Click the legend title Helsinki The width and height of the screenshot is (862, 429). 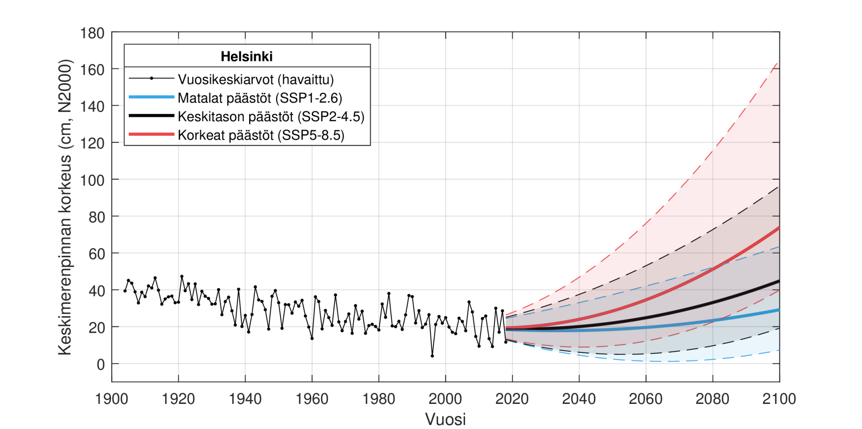(x=246, y=56)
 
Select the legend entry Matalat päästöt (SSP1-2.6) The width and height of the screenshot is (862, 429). (x=259, y=98)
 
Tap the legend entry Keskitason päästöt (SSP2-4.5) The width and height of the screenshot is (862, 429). (x=271, y=117)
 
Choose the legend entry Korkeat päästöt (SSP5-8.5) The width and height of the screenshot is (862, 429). (x=261, y=135)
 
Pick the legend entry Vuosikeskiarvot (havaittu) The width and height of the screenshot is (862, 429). (x=255, y=79)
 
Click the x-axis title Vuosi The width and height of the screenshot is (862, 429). (x=445, y=419)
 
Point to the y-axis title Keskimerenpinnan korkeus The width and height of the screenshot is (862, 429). (x=65, y=207)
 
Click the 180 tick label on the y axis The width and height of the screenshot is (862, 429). (x=92, y=33)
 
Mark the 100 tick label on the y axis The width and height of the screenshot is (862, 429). (x=92, y=180)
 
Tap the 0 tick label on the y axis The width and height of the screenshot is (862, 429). (x=101, y=364)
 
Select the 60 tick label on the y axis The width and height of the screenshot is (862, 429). (x=97, y=254)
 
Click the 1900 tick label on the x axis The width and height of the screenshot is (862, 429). (x=111, y=399)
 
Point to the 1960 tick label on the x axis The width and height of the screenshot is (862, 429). (x=312, y=399)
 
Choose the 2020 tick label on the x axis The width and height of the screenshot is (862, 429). (x=512, y=399)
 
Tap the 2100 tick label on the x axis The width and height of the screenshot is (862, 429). (x=779, y=399)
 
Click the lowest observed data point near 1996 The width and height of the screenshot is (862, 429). (x=432, y=356)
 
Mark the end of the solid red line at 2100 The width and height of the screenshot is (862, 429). (x=779, y=228)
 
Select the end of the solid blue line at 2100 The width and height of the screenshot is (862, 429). (x=779, y=310)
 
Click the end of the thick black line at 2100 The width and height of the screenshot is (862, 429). (x=779, y=281)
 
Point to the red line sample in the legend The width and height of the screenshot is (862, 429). (x=151, y=134)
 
